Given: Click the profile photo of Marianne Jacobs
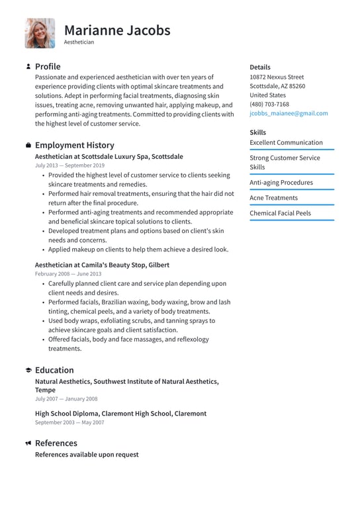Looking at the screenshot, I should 40,33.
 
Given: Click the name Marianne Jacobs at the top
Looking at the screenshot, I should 117,30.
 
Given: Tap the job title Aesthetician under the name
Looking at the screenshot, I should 79,42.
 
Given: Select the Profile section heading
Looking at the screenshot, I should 48,66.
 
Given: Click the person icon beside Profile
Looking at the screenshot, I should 28,66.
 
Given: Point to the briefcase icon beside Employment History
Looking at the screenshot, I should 28,145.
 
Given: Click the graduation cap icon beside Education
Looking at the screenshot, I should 28,371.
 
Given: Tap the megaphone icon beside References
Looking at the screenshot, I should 28,443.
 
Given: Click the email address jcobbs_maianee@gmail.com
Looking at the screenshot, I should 289,113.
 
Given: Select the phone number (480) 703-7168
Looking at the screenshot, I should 269,104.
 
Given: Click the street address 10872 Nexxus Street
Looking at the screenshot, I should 277,77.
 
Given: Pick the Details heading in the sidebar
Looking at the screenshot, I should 260,67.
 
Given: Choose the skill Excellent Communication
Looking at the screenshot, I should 286,142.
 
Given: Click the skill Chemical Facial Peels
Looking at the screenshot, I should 280,213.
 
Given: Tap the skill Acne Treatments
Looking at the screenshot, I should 273,198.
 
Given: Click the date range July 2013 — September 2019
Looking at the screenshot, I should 69,165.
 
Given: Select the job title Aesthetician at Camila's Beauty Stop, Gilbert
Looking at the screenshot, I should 102,265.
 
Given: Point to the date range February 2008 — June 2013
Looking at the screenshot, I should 68,273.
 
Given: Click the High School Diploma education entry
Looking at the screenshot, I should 120,413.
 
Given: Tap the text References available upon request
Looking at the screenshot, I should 87,455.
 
